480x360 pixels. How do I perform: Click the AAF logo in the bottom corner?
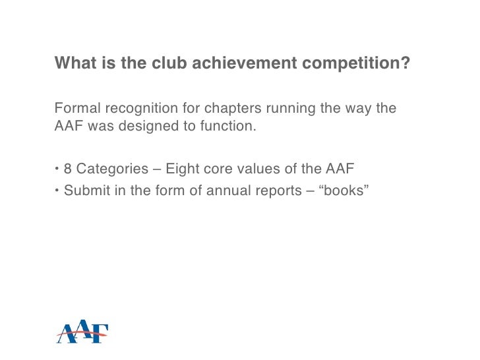point(82,333)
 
